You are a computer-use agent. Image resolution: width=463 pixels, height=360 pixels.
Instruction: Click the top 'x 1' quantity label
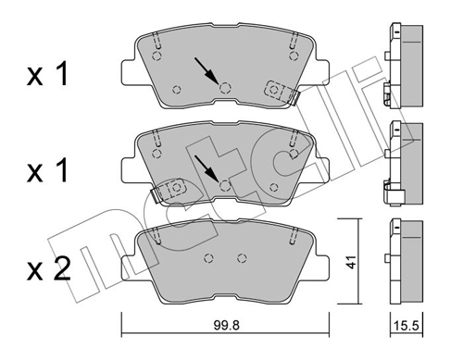tap(46, 76)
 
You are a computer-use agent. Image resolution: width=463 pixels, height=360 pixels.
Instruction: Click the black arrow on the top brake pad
tap(206, 70)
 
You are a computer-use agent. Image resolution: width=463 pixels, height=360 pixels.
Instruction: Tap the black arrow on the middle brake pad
tap(206, 167)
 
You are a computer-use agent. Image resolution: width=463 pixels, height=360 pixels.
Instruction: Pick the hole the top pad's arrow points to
tap(224, 88)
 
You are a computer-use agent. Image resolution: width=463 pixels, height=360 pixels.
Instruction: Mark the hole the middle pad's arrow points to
tap(224, 185)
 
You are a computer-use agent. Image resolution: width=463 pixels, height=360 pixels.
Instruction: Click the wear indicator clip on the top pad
tap(279, 91)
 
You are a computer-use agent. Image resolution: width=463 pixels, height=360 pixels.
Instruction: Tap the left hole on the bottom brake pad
tap(208, 258)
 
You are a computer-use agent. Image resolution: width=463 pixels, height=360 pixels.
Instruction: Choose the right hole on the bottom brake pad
tap(242, 258)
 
